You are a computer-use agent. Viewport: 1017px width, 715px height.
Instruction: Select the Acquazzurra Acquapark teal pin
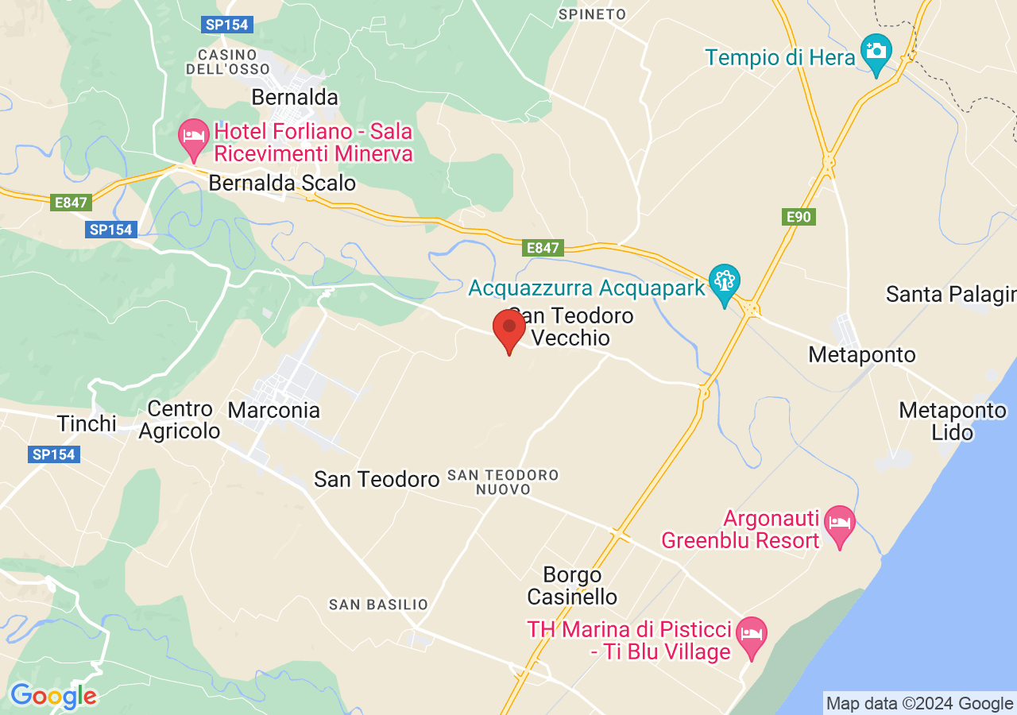(725, 284)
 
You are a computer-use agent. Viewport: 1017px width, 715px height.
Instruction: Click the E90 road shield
(799, 217)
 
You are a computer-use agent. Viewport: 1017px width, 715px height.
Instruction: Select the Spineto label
(592, 14)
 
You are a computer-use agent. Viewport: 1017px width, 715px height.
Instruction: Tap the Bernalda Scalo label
(282, 184)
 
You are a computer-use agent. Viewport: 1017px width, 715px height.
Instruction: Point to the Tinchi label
(87, 423)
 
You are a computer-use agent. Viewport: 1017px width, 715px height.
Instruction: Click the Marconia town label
(274, 411)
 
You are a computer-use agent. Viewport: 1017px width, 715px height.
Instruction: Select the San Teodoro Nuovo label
(503, 482)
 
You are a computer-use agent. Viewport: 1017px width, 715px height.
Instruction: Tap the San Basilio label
(378, 605)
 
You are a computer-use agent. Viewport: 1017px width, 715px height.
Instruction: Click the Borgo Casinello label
(572, 586)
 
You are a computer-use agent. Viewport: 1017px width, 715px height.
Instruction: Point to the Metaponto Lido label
(953, 421)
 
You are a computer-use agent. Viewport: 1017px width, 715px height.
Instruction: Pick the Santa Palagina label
(950, 295)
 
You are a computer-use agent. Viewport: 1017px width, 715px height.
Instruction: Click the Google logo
(53, 697)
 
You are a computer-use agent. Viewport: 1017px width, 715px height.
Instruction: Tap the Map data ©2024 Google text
(919, 704)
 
